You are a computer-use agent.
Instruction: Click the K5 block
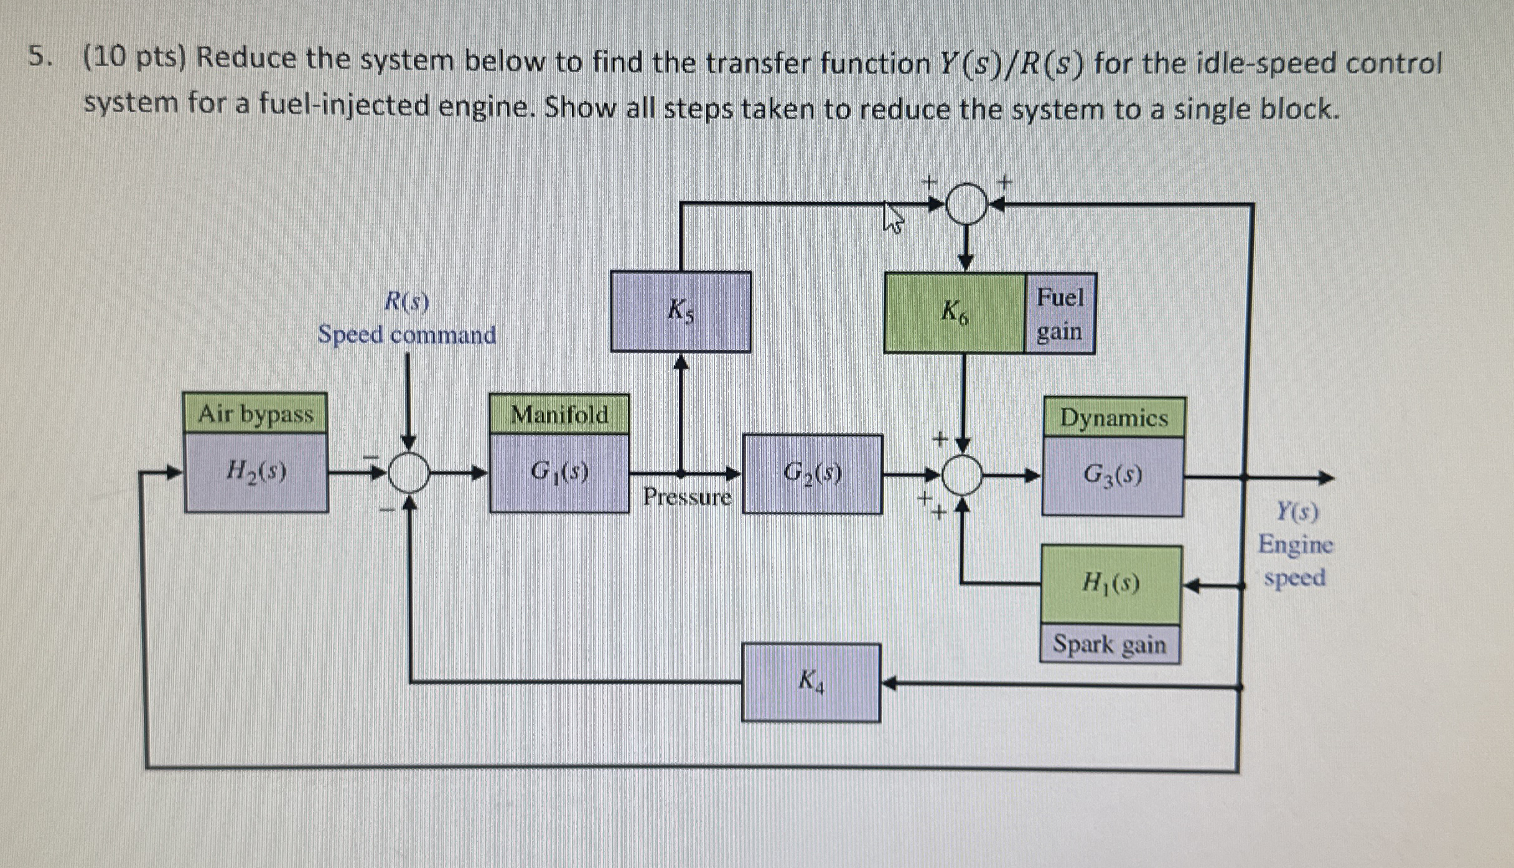[680, 311]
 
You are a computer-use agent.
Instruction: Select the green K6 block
[954, 313]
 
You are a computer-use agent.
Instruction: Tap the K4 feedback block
[811, 682]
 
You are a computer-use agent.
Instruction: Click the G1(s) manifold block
[559, 473]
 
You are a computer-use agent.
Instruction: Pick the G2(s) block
[812, 474]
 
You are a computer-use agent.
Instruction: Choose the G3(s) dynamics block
[1113, 476]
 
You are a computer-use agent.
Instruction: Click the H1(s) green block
[1111, 584]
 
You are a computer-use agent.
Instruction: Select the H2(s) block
[256, 472]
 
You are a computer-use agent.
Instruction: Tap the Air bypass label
[256, 413]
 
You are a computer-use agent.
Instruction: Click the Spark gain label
[1110, 644]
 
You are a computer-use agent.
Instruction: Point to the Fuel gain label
[1060, 314]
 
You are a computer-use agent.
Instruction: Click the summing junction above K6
[966, 204]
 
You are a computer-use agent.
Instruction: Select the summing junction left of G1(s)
[409, 473]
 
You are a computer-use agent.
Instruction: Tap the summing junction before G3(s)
[962, 475]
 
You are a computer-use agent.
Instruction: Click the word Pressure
[687, 497]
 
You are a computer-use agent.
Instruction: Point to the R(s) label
[407, 302]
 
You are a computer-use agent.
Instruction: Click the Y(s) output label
[1297, 512]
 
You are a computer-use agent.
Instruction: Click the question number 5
[39, 58]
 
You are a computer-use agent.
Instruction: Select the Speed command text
[407, 335]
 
